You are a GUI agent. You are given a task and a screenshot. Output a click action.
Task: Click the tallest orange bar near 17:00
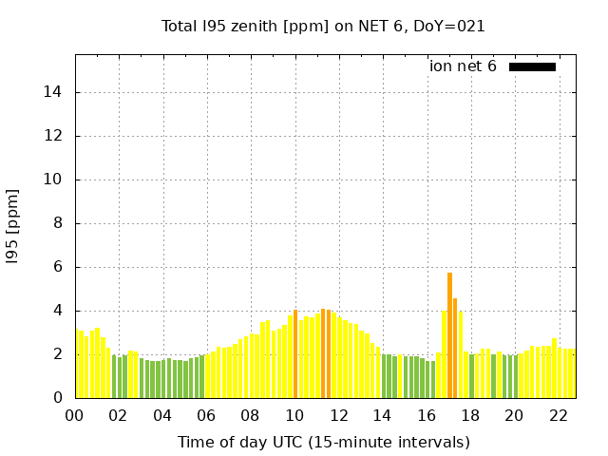[449, 335]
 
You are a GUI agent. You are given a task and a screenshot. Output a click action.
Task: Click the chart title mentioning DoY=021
[323, 27]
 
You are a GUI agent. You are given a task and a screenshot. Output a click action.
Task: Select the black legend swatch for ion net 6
[532, 66]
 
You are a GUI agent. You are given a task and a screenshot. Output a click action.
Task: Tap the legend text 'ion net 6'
[463, 66]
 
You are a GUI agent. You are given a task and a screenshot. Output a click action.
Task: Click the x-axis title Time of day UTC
[323, 442]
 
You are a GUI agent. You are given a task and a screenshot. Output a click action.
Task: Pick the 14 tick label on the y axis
[55, 92]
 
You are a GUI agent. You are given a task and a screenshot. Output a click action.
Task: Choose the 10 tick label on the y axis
[55, 180]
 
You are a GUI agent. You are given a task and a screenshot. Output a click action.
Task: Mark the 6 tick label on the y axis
[59, 267]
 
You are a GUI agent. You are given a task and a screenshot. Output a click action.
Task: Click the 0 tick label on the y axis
[59, 398]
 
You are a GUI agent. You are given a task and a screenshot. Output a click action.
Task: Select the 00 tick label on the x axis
[74, 415]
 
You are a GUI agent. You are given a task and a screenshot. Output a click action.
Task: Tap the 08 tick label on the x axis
[250, 415]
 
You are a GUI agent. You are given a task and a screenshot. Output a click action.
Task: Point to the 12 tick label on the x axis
[338, 415]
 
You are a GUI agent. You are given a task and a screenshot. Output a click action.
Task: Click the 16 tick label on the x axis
[426, 415]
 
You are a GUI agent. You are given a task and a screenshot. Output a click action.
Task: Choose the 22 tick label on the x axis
[558, 415]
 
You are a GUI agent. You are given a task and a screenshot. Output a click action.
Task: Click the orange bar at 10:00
[295, 354]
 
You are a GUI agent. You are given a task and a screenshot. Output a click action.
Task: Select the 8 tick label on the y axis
[59, 223]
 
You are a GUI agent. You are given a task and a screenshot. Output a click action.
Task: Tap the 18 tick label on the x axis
[469, 415]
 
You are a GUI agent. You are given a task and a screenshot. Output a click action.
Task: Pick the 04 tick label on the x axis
[162, 415]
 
